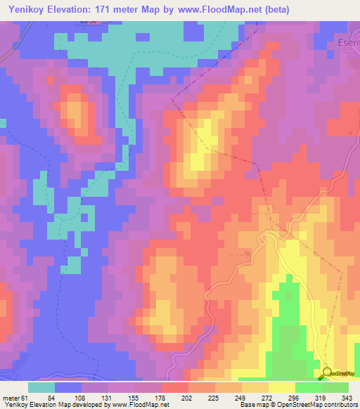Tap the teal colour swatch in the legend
41,387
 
